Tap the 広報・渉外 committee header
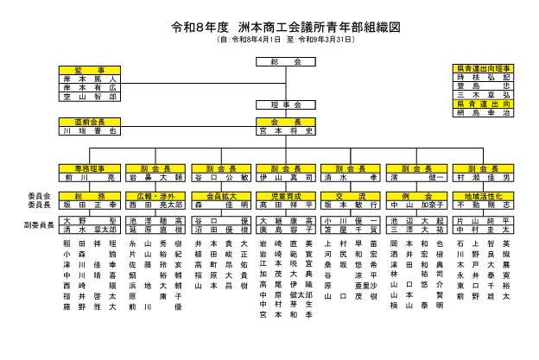(156, 197)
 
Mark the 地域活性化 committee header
(483, 197)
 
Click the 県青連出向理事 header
(483, 68)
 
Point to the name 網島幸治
(483, 114)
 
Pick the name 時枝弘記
(483, 78)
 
